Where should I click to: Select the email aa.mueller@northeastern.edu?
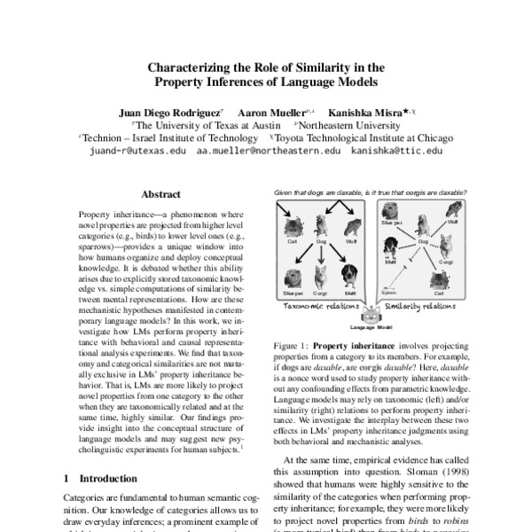268,152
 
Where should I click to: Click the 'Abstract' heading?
160,195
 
